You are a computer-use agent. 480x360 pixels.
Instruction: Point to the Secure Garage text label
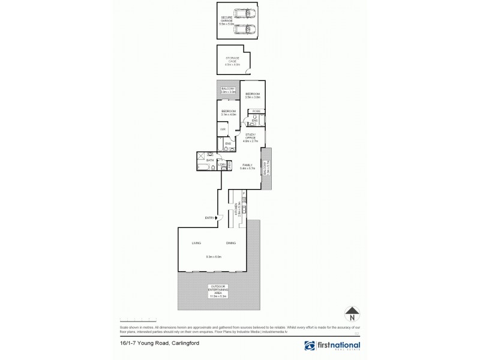(x=227, y=20)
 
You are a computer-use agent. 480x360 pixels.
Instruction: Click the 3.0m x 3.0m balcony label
(x=228, y=91)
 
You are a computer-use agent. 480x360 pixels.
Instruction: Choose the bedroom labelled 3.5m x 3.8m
(x=252, y=96)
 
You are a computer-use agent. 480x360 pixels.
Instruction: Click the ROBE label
(x=256, y=111)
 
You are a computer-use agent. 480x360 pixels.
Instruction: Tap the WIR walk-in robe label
(x=222, y=130)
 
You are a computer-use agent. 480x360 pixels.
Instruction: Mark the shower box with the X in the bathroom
(x=201, y=157)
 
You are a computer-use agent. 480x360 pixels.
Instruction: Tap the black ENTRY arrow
(x=218, y=218)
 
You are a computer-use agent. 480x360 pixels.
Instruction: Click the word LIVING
(x=196, y=243)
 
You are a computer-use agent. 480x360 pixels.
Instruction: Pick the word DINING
(x=230, y=243)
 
